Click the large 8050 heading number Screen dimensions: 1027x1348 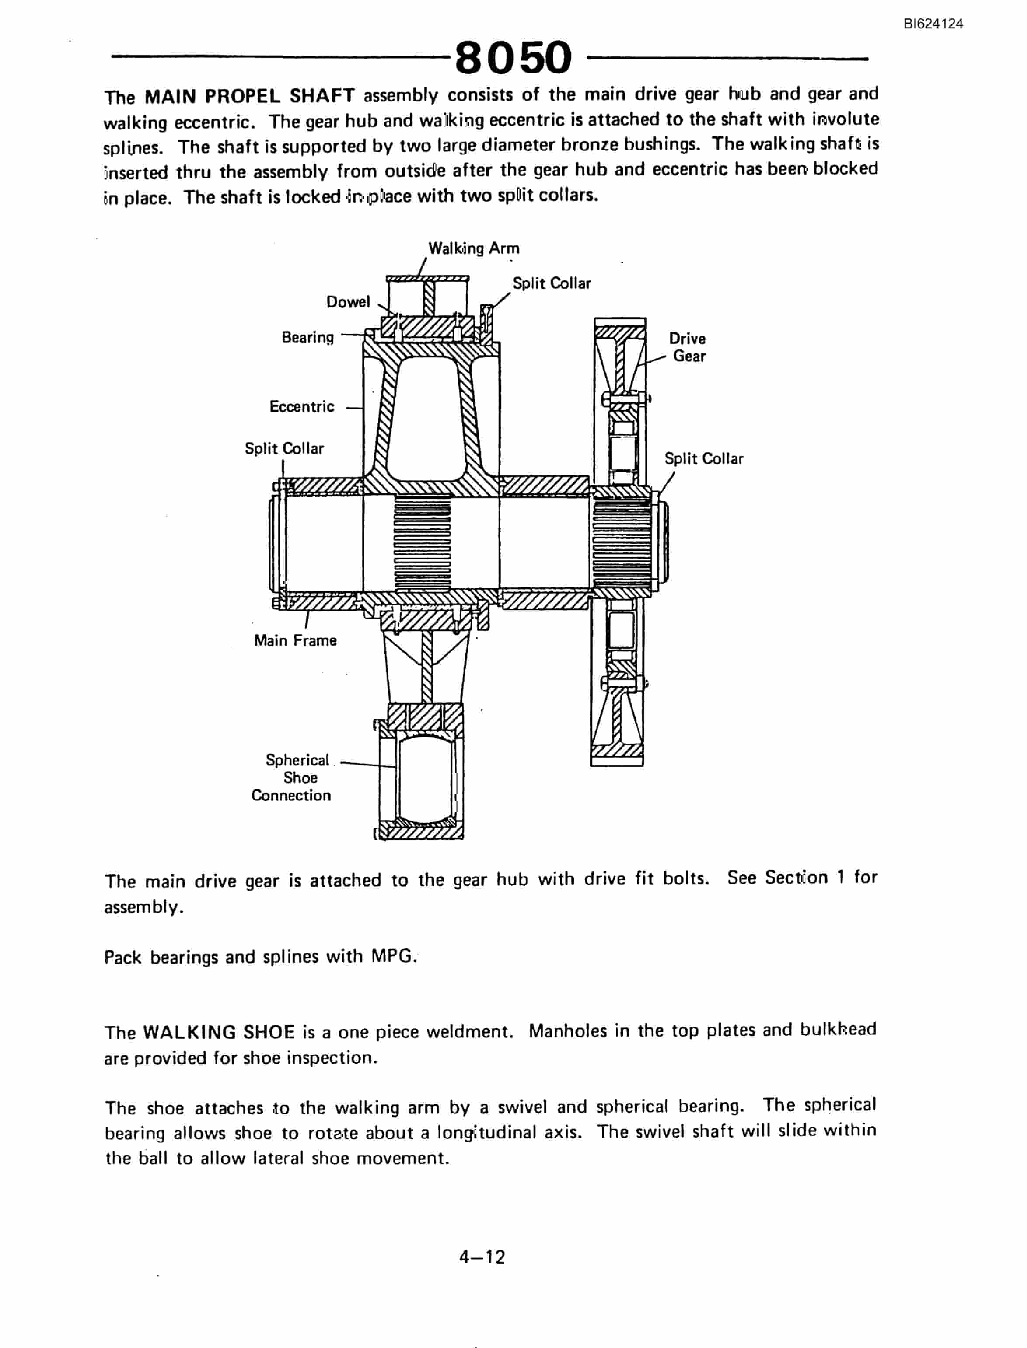click(513, 57)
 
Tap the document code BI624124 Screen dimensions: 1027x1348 click(933, 24)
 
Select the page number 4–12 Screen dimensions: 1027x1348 click(482, 1257)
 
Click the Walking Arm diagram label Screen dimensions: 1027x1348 click(474, 248)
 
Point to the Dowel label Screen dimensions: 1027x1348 click(348, 301)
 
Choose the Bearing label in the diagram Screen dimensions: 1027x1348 click(307, 338)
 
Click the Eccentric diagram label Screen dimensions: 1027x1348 click(302, 406)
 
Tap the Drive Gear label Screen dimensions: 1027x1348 click(688, 347)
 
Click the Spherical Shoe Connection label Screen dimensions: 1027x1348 click(292, 778)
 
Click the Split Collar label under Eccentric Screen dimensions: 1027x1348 click(284, 448)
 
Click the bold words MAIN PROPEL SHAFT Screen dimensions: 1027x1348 click(249, 96)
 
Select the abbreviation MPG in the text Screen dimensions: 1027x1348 click(393, 956)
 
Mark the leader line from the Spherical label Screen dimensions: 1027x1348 click(368, 764)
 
